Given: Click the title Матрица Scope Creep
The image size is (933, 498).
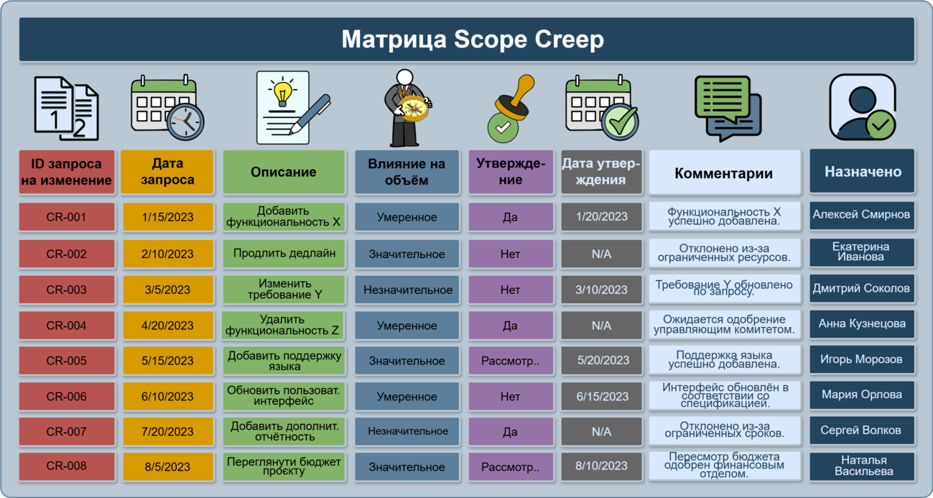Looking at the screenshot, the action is click(x=473, y=40).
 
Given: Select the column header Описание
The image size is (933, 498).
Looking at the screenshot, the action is click(x=284, y=172).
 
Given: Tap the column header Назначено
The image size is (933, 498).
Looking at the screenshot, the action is click(x=862, y=171).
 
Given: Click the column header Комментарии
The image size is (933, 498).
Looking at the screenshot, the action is click(x=724, y=172).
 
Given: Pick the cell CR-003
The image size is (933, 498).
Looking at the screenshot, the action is click(x=67, y=290).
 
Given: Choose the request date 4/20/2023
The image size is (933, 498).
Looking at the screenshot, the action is click(x=167, y=326).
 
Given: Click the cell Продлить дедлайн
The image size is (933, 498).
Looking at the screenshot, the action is click(x=284, y=253).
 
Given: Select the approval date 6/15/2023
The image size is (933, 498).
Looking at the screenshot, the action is click(x=601, y=397).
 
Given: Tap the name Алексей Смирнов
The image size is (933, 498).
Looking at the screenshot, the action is click(x=861, y=215).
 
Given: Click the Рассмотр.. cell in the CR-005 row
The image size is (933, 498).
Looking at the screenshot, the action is click(x=511, y=361).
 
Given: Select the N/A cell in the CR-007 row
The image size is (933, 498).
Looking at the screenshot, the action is click(x=601, y=432).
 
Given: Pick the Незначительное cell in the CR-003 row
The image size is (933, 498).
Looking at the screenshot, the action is click(x=407, y=290).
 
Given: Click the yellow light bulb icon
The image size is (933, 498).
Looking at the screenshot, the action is click(x=282, y=93).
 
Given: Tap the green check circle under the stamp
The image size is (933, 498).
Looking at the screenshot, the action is click(x=503, y=127).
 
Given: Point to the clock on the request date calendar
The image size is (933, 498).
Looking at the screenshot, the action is click(x=186, y=121).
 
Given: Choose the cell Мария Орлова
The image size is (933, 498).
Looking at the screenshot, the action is click(x=862, y=395).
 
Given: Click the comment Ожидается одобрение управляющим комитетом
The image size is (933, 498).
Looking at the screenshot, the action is click(x=724, y=325).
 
